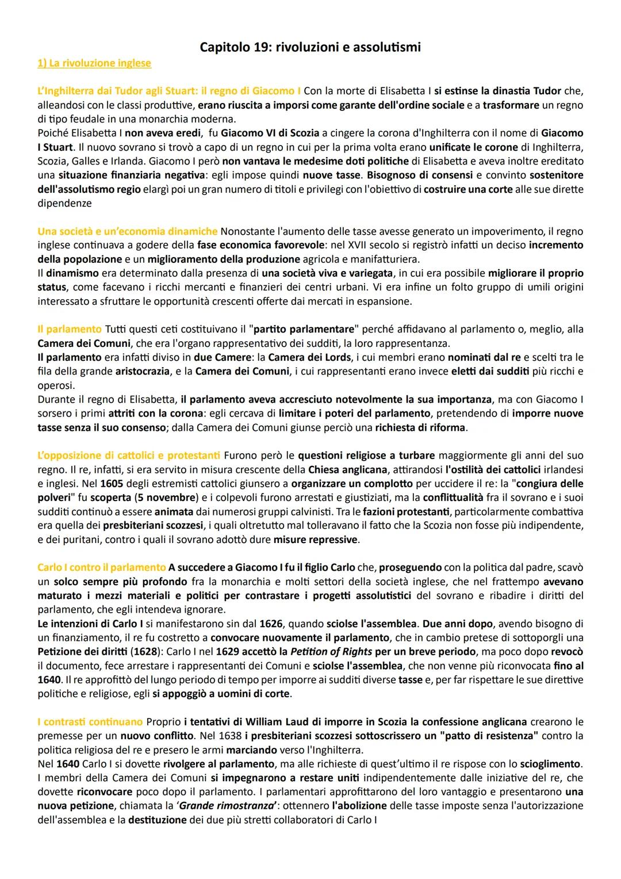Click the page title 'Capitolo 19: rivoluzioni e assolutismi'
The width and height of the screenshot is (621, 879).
(x=310, y=47)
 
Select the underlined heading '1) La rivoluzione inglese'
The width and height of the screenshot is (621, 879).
(x=94, y=63)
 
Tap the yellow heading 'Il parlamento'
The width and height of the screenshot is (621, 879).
(x=69, y=329)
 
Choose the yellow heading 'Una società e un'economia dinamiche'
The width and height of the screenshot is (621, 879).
(x=127, y=231)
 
